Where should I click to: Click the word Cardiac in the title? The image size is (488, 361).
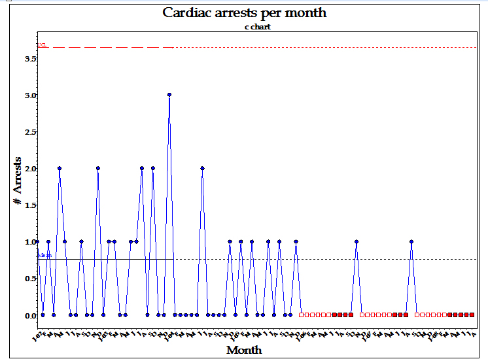coord(187,12)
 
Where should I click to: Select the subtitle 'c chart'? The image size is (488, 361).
coord(245,27)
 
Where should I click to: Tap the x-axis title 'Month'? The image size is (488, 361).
coord(244,350)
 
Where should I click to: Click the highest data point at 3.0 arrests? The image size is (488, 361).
coord(169,95)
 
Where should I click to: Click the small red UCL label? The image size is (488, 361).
coord(42,45)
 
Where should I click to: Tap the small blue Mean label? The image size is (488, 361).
coord(44,256)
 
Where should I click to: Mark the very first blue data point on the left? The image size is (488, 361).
coord(37,241)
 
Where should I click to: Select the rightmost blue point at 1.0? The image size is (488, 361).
coord(411,241)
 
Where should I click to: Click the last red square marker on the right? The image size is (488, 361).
coord(472,315)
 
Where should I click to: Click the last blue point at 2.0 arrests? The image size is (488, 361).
coord(203,168)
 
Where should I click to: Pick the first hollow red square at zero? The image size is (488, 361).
coord(302,315)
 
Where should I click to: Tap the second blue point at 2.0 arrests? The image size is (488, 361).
coord(97,168)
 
